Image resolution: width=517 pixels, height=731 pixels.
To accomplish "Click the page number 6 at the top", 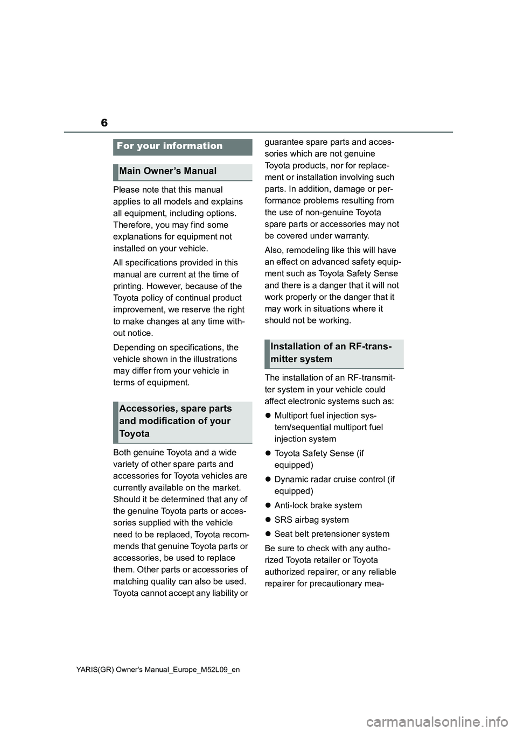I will pos(104,123).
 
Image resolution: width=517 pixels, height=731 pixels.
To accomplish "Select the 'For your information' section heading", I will pos(170,146).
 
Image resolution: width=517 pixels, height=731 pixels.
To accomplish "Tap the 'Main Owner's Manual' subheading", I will pos(168,171).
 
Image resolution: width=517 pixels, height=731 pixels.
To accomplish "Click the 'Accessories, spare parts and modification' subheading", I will pos(175,421).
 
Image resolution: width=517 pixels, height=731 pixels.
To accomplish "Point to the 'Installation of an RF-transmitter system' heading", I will pos(331,353).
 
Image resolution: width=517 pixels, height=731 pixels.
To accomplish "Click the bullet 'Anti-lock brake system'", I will pos(318,505).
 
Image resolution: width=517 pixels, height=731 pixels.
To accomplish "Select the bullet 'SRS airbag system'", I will pos(311,520).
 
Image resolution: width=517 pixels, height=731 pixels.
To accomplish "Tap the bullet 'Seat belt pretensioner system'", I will pos(332,534).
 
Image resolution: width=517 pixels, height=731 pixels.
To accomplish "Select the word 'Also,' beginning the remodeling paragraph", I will pos(274,250).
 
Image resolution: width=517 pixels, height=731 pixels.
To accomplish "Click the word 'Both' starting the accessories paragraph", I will pos(122,453).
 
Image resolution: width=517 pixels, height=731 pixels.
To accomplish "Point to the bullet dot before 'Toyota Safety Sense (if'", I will pos(268,454).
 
